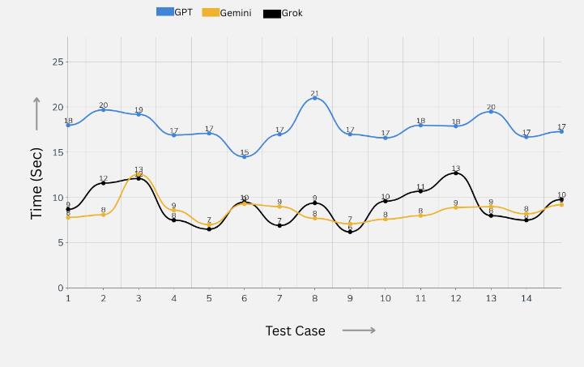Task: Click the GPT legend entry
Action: click(x=174, y=12)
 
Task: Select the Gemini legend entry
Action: click(x=226, y=13)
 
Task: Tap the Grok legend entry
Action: click(x=283, y=14)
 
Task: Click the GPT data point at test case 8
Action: click(x=315, y=98)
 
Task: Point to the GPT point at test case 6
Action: click(x=245, y=156)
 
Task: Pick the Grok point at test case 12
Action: click(x=456, y=173)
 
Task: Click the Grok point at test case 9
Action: click(x=350, y=232)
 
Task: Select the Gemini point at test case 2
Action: click(x=104, y=215)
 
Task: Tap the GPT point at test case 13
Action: click(x=491, y=112)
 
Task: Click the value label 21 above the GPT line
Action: click(x=315, y=93)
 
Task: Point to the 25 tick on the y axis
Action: click(x=58, y=62)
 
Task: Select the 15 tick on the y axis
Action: click(x=58, y=152)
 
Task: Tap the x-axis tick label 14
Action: click(x=526, y=298)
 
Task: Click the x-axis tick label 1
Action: click(x=68, y=298)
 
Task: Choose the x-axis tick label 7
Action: click(x=279, y=298)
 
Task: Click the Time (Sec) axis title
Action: click(x=36, y=183)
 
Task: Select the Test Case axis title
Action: click(x=295, y=331)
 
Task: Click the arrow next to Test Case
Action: click(x=359, y=331)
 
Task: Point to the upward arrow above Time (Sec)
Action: click(x=36, y=113)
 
